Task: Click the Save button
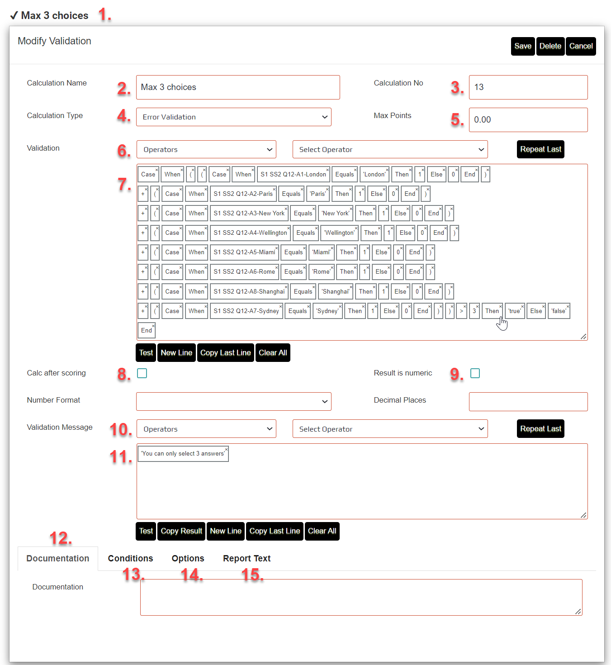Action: coord(523,46)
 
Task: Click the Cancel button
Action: coord(581,46)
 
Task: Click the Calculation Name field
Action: coord(238,87)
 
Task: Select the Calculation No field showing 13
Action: coord(528,87)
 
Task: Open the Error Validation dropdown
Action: coord(233,117)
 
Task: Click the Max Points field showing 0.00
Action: coord(528,120)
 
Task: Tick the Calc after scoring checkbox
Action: coord(142,373)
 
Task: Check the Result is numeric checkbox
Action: coord(475,373)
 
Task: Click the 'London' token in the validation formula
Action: coord(374,175)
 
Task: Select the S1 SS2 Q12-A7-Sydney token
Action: coord(246,311)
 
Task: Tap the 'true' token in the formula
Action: coord(515,311)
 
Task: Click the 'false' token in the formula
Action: coord(559,311)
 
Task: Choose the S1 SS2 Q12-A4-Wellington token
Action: coord(250,233)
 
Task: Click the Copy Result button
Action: coord(181,531)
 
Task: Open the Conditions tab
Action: coord(130,559)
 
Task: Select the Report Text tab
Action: coord(246,559)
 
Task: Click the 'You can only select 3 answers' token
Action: coord(183,454)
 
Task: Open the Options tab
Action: coord(188,559)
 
